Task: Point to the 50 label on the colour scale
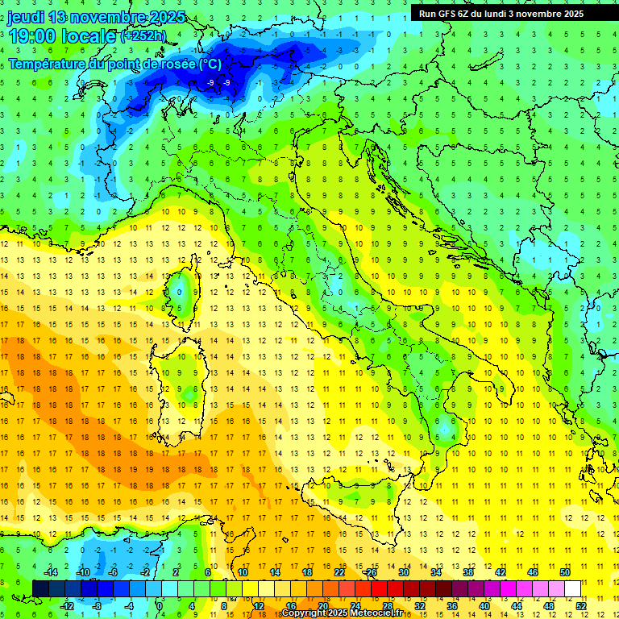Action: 565,572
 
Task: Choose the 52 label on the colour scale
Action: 581,606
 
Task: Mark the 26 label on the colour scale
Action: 372,572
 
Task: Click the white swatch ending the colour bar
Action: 573,588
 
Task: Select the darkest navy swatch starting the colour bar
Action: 40,588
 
